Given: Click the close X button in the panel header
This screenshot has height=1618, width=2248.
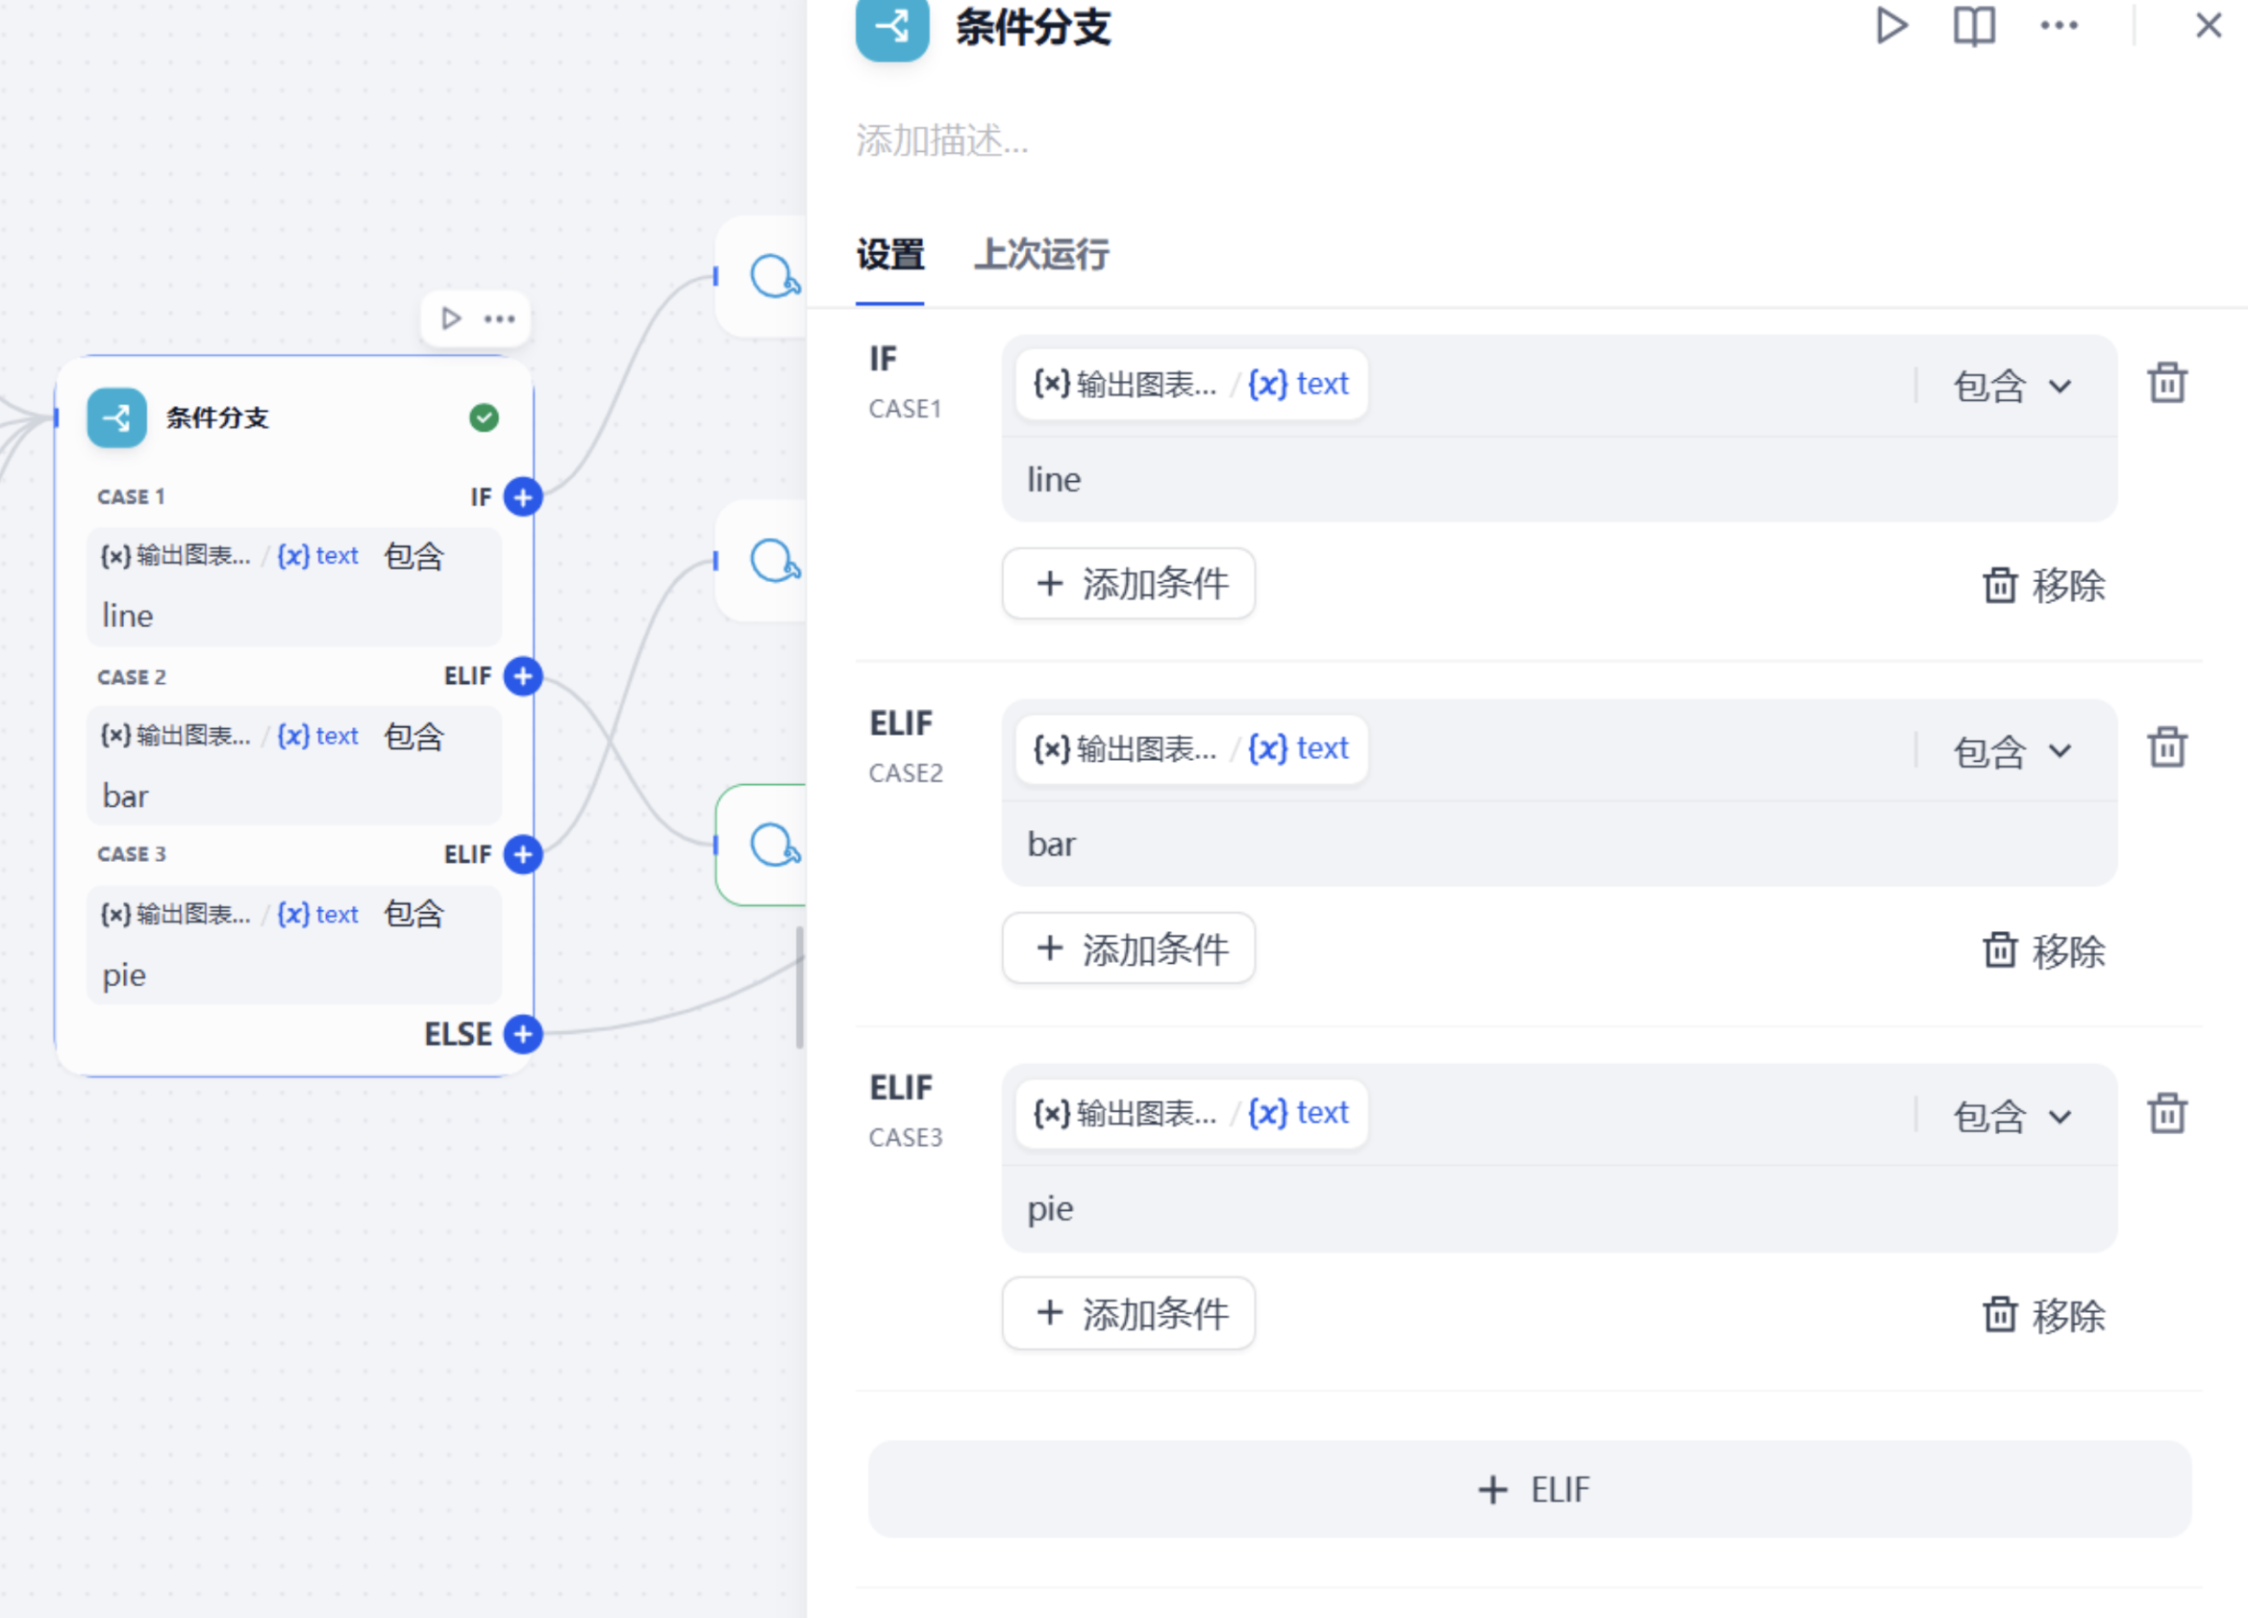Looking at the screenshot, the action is [2209, 25].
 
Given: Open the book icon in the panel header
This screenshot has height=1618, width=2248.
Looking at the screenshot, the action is [1973, 26].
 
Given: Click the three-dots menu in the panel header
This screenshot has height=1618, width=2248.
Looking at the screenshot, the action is [2059, 26].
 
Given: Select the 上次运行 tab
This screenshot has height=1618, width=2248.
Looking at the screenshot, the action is [1040, 255].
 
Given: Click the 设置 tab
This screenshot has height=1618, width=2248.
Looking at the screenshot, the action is [890, 255].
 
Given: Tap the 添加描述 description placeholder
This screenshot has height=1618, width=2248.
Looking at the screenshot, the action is [941, 140].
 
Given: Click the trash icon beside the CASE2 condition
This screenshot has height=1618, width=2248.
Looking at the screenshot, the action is [2166, 747].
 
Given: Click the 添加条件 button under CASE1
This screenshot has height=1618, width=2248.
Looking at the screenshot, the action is [1128, 584].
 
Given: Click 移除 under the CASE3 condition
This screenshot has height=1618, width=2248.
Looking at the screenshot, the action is [2044, 1316].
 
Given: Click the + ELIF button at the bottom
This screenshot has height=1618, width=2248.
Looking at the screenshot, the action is [1530, 1489].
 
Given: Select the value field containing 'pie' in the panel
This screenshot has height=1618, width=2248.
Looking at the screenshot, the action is [1560, 1209].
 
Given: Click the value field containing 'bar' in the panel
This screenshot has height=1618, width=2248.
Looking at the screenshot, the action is [1560, 845].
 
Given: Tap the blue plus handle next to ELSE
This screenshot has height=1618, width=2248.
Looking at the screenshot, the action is [522, 1034].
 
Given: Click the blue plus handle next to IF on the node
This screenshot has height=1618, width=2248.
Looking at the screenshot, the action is [522, 496].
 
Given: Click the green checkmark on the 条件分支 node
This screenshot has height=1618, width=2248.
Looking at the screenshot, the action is [484, 418].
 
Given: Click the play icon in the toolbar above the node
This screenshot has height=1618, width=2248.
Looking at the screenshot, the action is [451, 318].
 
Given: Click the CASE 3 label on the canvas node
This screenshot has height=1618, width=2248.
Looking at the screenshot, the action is [131, 854].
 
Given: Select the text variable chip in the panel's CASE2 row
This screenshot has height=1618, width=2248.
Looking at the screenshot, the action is [1297, 748].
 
